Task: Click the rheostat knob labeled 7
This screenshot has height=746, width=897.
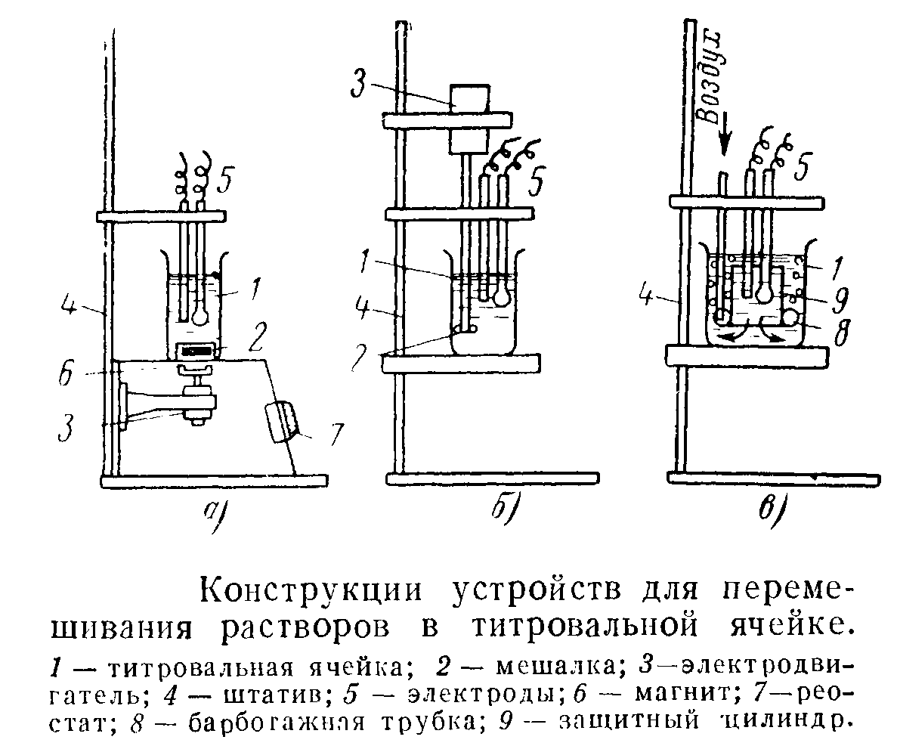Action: [x=280, y=422]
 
